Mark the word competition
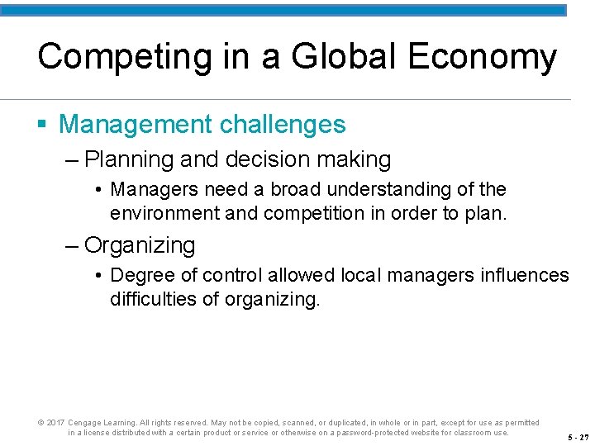click(313, 213)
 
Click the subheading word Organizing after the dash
click(140, 245)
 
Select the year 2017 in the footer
click(55, 422)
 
